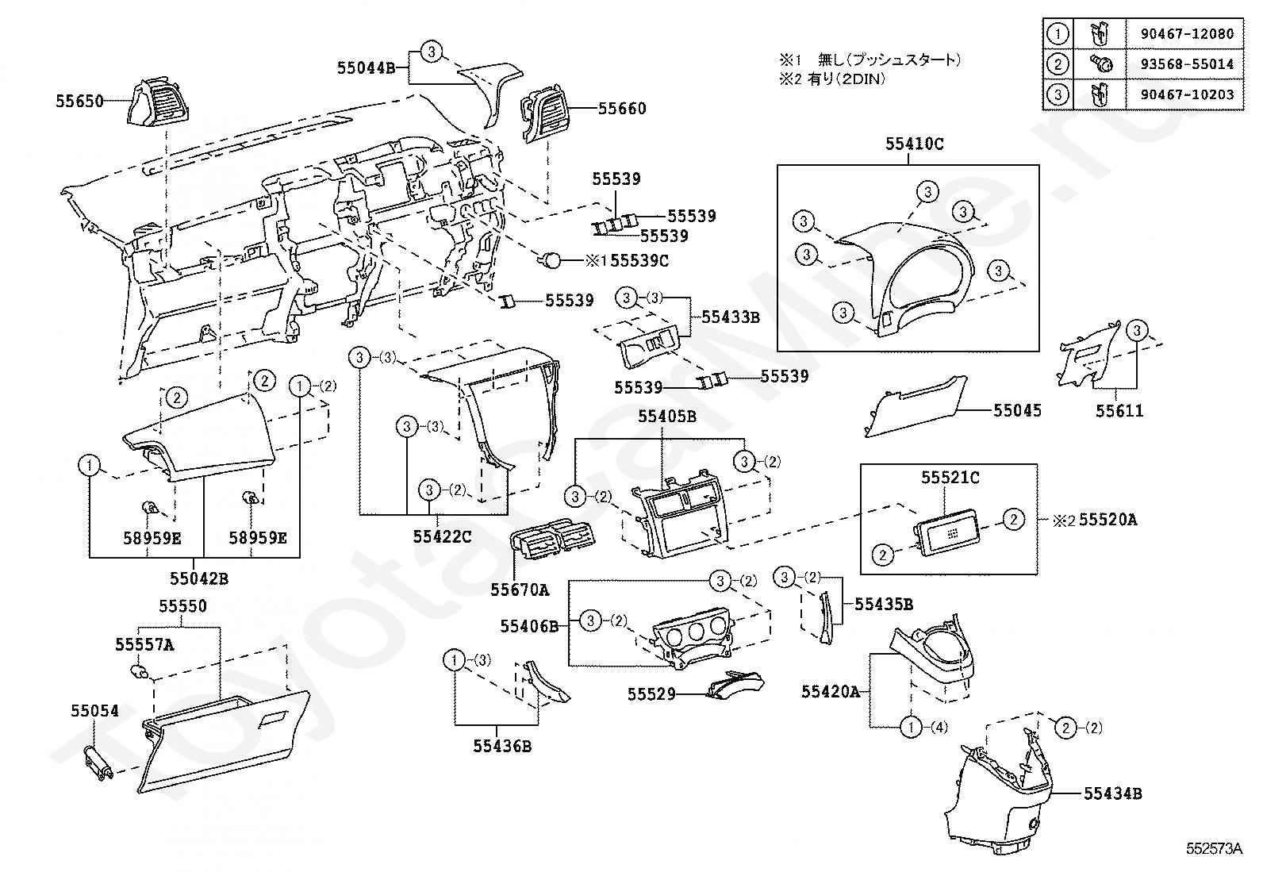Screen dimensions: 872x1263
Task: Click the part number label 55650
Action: pos(79,102)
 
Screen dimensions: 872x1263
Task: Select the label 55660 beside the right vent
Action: pos(622,109)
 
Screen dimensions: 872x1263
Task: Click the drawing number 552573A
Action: pos(1214,848)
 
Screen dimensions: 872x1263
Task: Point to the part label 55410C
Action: pos(915,144)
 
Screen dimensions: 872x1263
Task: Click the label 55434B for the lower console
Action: pos(1112,793)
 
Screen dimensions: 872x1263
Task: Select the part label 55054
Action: pos(94,711)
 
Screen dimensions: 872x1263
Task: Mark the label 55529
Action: pos(651,694)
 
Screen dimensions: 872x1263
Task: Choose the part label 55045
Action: pos(1017,411)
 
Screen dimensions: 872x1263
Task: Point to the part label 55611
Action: pos(1119,411)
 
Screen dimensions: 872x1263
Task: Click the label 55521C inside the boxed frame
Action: pos(950,478)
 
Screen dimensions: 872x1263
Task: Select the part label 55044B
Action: pos(366,68)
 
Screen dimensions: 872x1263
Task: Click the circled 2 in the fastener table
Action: pos(1058,64)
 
